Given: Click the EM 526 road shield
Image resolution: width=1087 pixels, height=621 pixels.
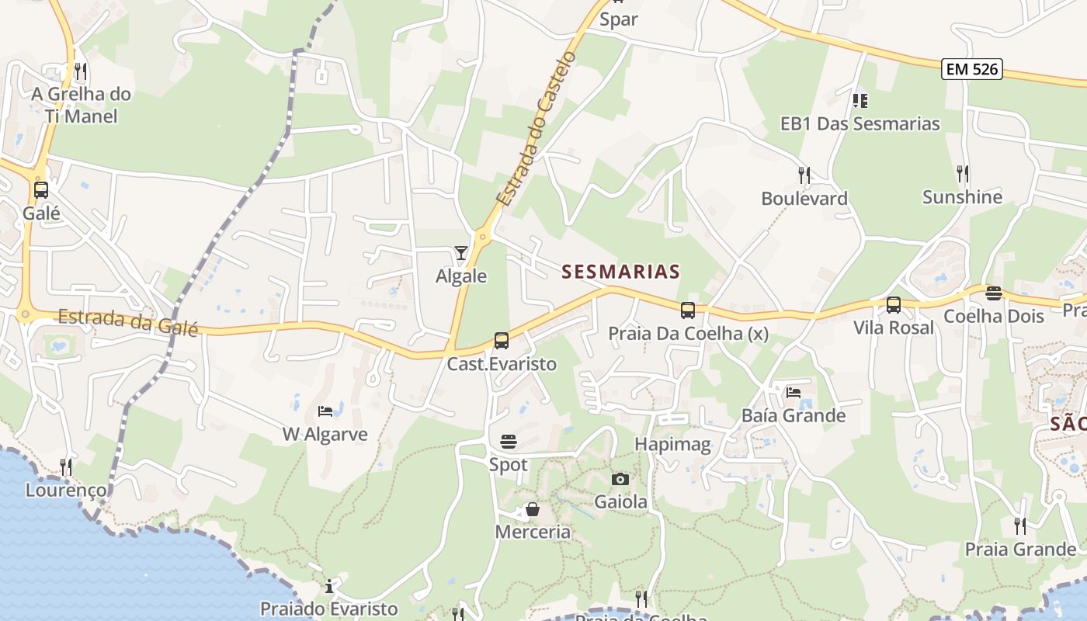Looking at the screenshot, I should pos(972,69).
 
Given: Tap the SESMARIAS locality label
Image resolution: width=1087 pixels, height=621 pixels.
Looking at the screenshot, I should pos(620,272).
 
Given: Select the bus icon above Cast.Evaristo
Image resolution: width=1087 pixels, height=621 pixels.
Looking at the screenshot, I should pos(502,341).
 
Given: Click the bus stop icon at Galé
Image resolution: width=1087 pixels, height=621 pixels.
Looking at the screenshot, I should pos(40,189).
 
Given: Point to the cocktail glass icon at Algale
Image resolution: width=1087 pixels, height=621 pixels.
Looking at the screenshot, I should pos(461,253).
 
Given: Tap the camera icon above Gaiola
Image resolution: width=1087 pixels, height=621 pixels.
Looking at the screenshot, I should pos(620,479).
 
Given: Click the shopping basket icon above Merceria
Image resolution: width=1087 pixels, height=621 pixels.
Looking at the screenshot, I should pos(533,509).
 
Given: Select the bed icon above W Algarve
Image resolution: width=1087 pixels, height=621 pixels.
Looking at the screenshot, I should pos(325,411).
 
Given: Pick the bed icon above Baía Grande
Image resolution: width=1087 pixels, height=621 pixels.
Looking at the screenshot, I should pos(793,393).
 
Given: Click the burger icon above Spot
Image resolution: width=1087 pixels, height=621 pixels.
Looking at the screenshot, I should pos(509,442).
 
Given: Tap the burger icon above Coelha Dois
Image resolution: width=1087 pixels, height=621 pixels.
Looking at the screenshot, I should pos(993,293).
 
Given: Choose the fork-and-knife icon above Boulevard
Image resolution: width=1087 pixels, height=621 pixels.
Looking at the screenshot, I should pos(804,175).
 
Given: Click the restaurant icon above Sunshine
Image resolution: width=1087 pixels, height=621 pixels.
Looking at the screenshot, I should pos(963,173).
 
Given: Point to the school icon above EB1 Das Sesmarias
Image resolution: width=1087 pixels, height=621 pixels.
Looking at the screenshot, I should pos(860,100).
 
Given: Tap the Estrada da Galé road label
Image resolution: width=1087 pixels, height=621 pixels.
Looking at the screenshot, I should pos(128,322).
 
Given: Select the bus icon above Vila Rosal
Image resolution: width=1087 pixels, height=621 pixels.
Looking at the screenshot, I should pos(894,305).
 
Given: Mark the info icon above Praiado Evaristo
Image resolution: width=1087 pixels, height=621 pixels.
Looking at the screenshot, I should pos(329,585).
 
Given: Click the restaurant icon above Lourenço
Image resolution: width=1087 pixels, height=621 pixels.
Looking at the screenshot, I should pos(66,467).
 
